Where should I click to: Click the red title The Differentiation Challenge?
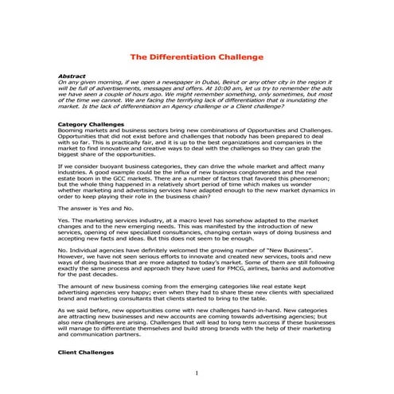pos(197,58)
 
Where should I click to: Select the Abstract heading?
pos(73,76)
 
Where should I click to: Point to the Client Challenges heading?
pos(85,351)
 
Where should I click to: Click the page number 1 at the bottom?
pos(197,374)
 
